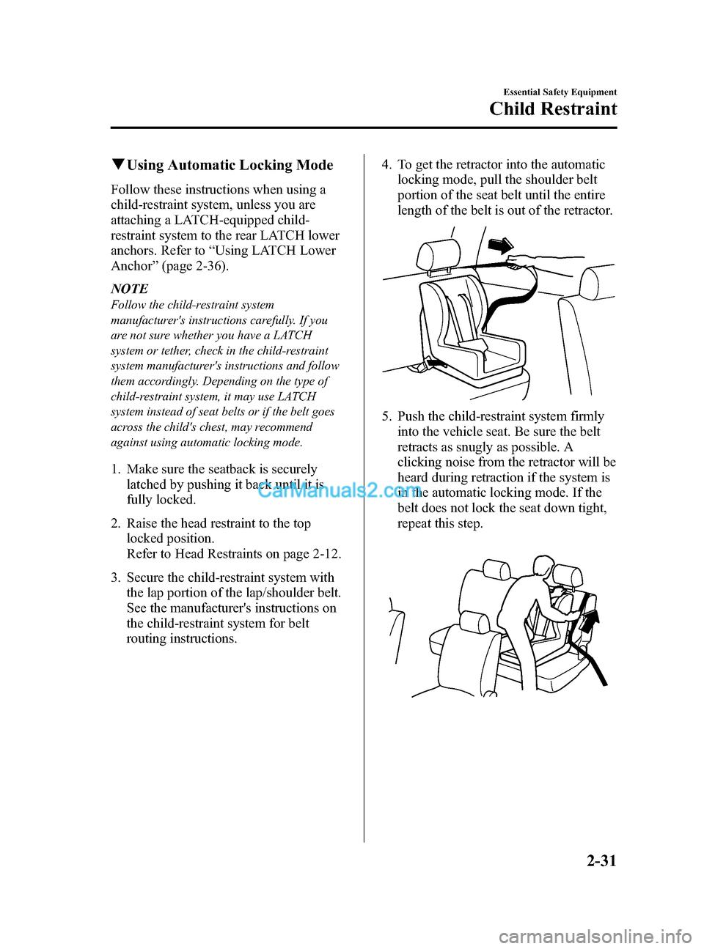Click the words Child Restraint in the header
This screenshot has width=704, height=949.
[x=553, y=109]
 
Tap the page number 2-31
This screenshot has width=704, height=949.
[x=601, y=860]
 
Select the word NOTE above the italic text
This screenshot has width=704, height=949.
[x=130, y=289]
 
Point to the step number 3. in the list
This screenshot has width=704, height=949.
[x=116, y=577]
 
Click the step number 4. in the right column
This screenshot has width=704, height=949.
[x=386, y=165]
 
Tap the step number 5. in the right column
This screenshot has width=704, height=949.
[x=386, y=416]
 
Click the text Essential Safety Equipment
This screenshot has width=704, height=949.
[x=560, y=92]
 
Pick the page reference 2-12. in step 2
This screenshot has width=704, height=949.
[x=325, y=554]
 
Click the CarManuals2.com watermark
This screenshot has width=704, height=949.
[x=337, y=490]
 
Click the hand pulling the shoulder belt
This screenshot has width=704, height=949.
[x=522, y=259]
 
